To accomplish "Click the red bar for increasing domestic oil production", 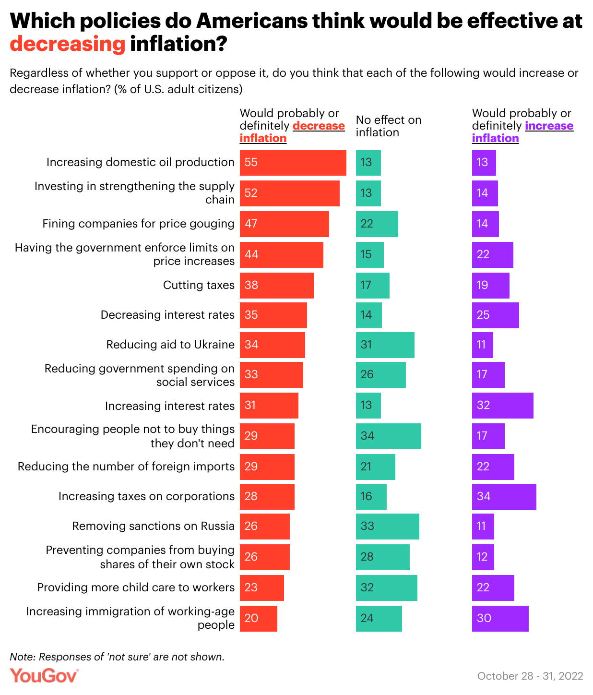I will tap(293, 163).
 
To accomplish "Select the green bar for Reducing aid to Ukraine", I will tap(385, 345).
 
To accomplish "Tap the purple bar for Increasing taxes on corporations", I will tap(504, 497).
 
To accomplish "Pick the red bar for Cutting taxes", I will tap(276, 286).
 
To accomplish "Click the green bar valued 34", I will tap(388, 436).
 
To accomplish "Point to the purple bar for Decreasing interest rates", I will tap(495, 315).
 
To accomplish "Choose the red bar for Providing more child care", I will tap(261, 588).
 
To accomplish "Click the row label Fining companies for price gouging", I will tap(138, 224).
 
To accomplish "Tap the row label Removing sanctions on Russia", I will tap(153, 526).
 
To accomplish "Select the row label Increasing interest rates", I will tap(169, 406).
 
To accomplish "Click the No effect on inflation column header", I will tap(388, 126).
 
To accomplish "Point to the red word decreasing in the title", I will tap(68, 44).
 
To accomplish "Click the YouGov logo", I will tap(44, 676).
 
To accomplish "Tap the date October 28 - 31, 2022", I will tap(530, 676).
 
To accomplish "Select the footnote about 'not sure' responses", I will tap(117, 657).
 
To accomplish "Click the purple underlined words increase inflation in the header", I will tap(523, 132).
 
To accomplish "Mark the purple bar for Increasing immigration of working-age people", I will tap(500, 619).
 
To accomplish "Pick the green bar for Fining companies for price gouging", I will tap(377, 224).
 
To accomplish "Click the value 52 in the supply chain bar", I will tap(251, 193).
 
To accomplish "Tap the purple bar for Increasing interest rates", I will tap(502, 406).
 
